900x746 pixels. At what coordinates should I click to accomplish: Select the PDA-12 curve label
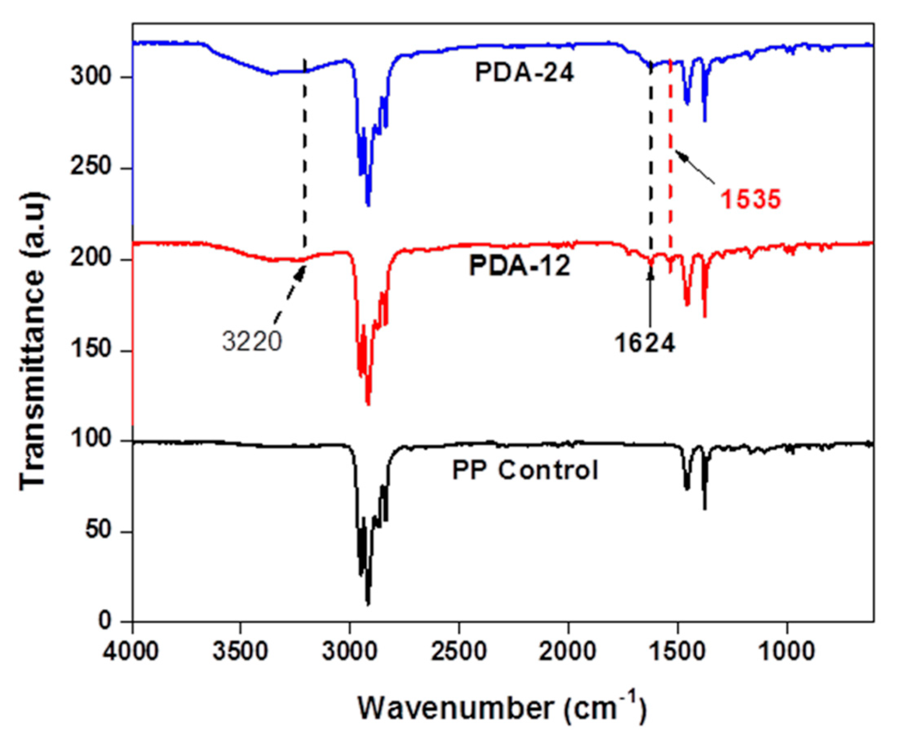(519, 266)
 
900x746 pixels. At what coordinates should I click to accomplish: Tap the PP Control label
(525, 470)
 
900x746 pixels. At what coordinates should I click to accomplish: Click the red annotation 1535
(751, 200)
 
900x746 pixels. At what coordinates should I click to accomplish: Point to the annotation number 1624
(645, 343)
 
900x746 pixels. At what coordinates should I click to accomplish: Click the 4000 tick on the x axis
(132, 652)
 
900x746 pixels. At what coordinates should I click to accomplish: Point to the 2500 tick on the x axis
(459, 652)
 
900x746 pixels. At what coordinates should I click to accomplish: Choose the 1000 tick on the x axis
(787, 652)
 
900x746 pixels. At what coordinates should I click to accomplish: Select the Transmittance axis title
(32, 341)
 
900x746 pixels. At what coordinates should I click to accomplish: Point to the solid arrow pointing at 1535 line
(694, 167)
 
